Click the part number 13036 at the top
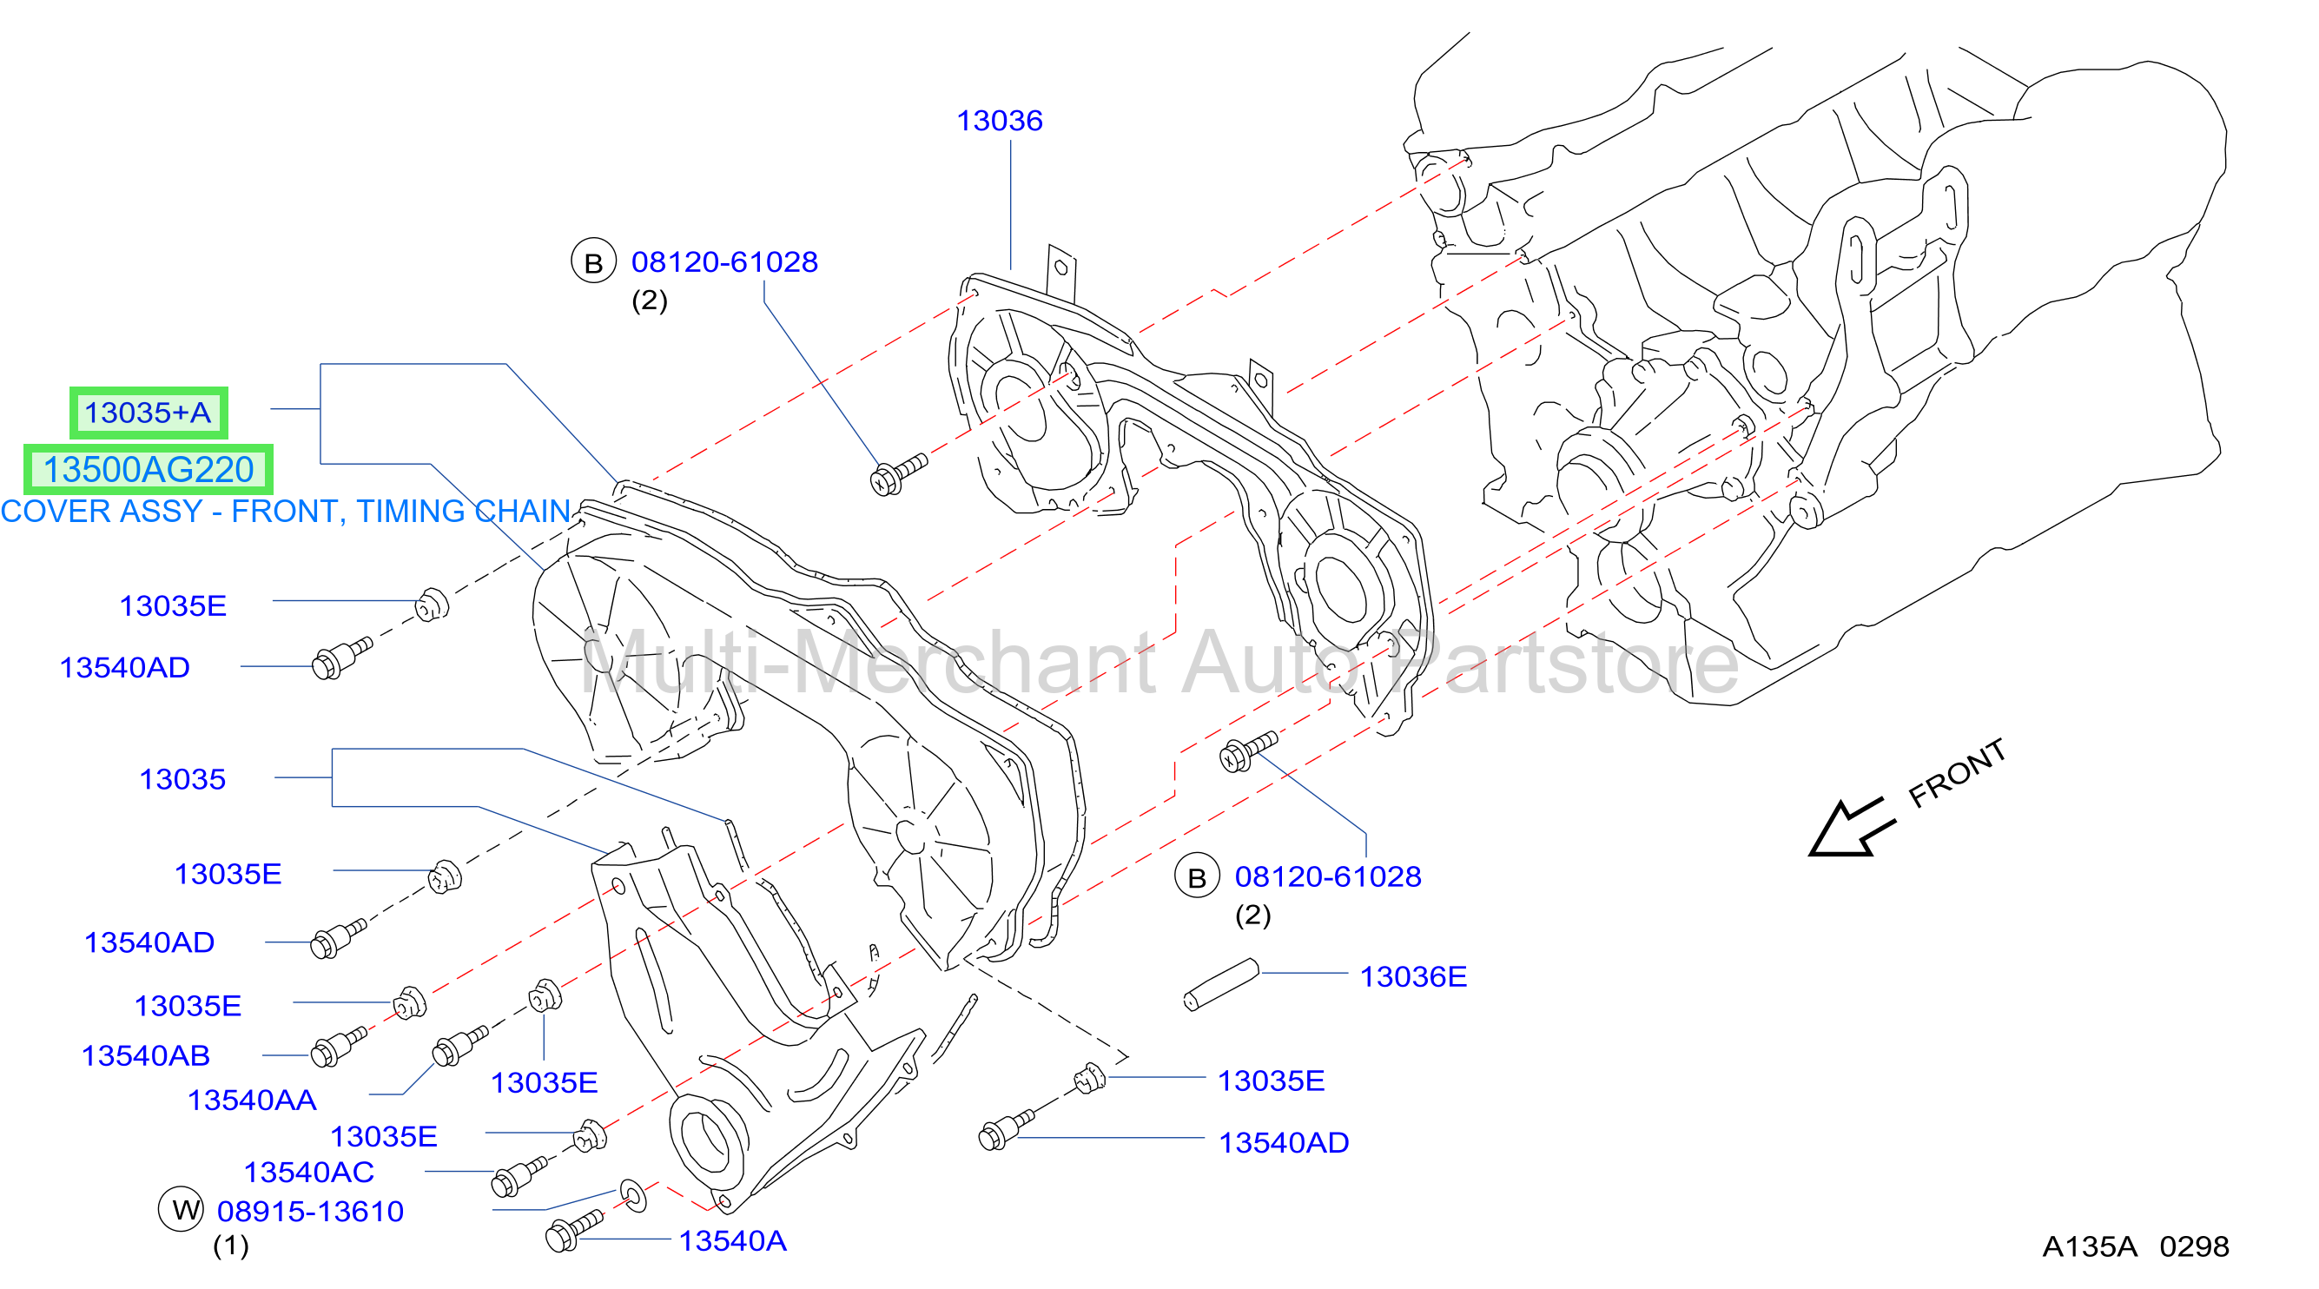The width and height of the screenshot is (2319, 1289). tap(1000, 121)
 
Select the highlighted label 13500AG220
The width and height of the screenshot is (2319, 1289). tap(149, 469)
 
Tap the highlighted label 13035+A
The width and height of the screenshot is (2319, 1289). tap(148, 413)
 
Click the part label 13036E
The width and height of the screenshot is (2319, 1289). tap(1412, 976)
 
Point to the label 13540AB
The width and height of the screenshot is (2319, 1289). tap(146, 1055)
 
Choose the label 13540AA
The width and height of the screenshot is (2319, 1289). tap(252, 1100)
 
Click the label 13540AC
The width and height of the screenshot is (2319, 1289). tap(309, 1172)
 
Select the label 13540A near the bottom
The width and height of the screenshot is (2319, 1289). tap(732, 1241)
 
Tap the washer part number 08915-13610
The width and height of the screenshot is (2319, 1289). tap(311, 1212)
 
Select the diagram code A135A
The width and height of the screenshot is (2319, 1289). tap(2090, 1246)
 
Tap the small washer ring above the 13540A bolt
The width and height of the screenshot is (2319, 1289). tap(634, 1195)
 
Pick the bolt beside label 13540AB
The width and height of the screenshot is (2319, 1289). tap(338, 1047)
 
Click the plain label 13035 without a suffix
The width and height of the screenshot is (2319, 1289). tap(182, 779)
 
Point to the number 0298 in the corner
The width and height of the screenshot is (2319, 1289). tap(2195, 1246)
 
